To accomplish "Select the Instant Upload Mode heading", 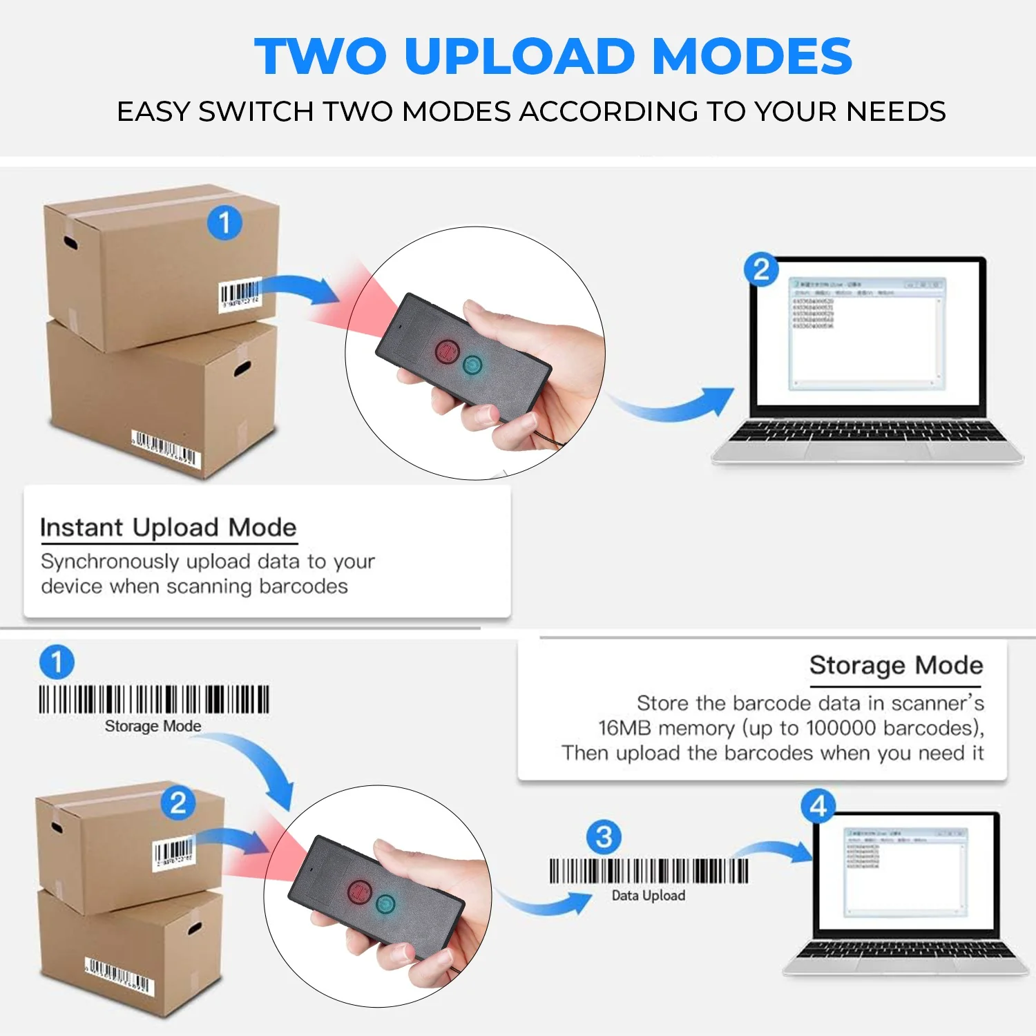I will tap(168, 528).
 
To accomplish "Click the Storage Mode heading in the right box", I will tap(896, 665).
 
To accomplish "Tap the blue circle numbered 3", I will tap(604, 837).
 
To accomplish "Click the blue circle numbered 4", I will tap(818, 806).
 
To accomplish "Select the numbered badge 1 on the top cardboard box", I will tap(224, 223).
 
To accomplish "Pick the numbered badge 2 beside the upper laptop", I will tap(761, 269).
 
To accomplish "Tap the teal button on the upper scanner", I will tap(472, 365).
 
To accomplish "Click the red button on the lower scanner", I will tap(360, 892).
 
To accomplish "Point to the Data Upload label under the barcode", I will tap(648, 896).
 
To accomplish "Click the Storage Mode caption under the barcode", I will tap(153, 726).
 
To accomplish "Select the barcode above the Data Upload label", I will tap(648, 871).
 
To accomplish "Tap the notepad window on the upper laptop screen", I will tap(867, 334).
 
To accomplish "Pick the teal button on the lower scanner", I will tap(385, 903).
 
